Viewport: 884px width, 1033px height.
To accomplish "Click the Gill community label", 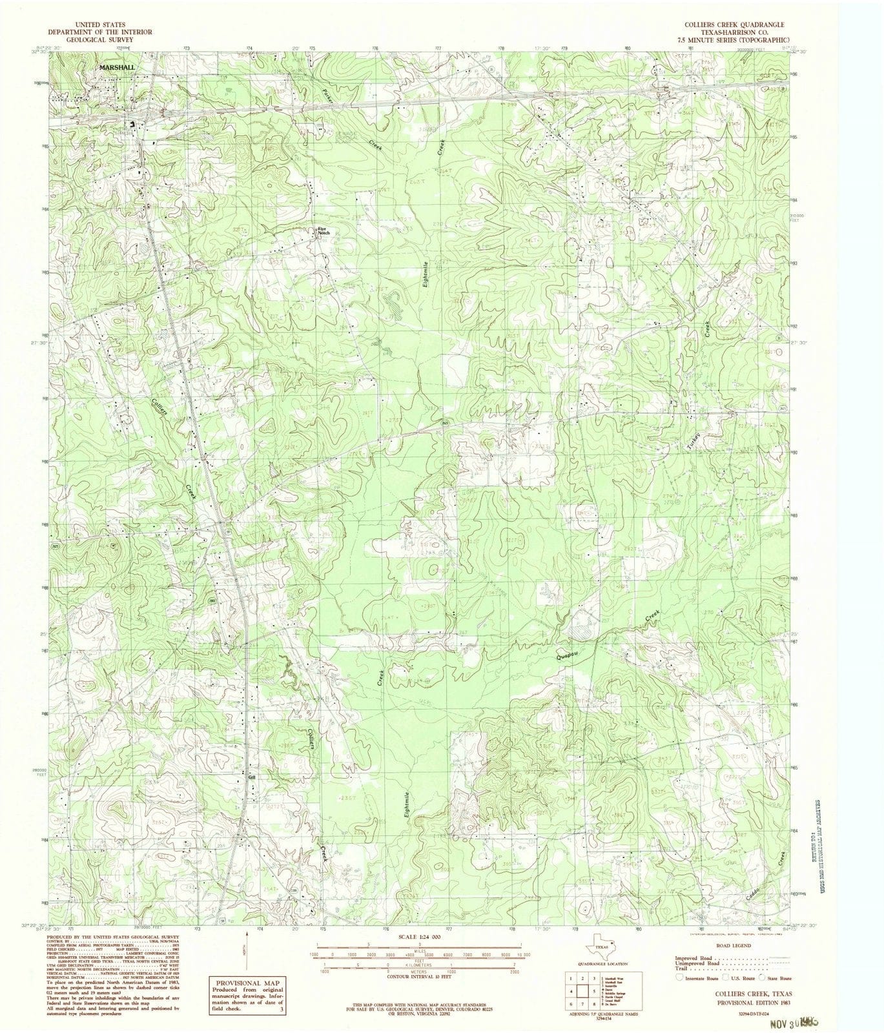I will pos(253,777).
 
